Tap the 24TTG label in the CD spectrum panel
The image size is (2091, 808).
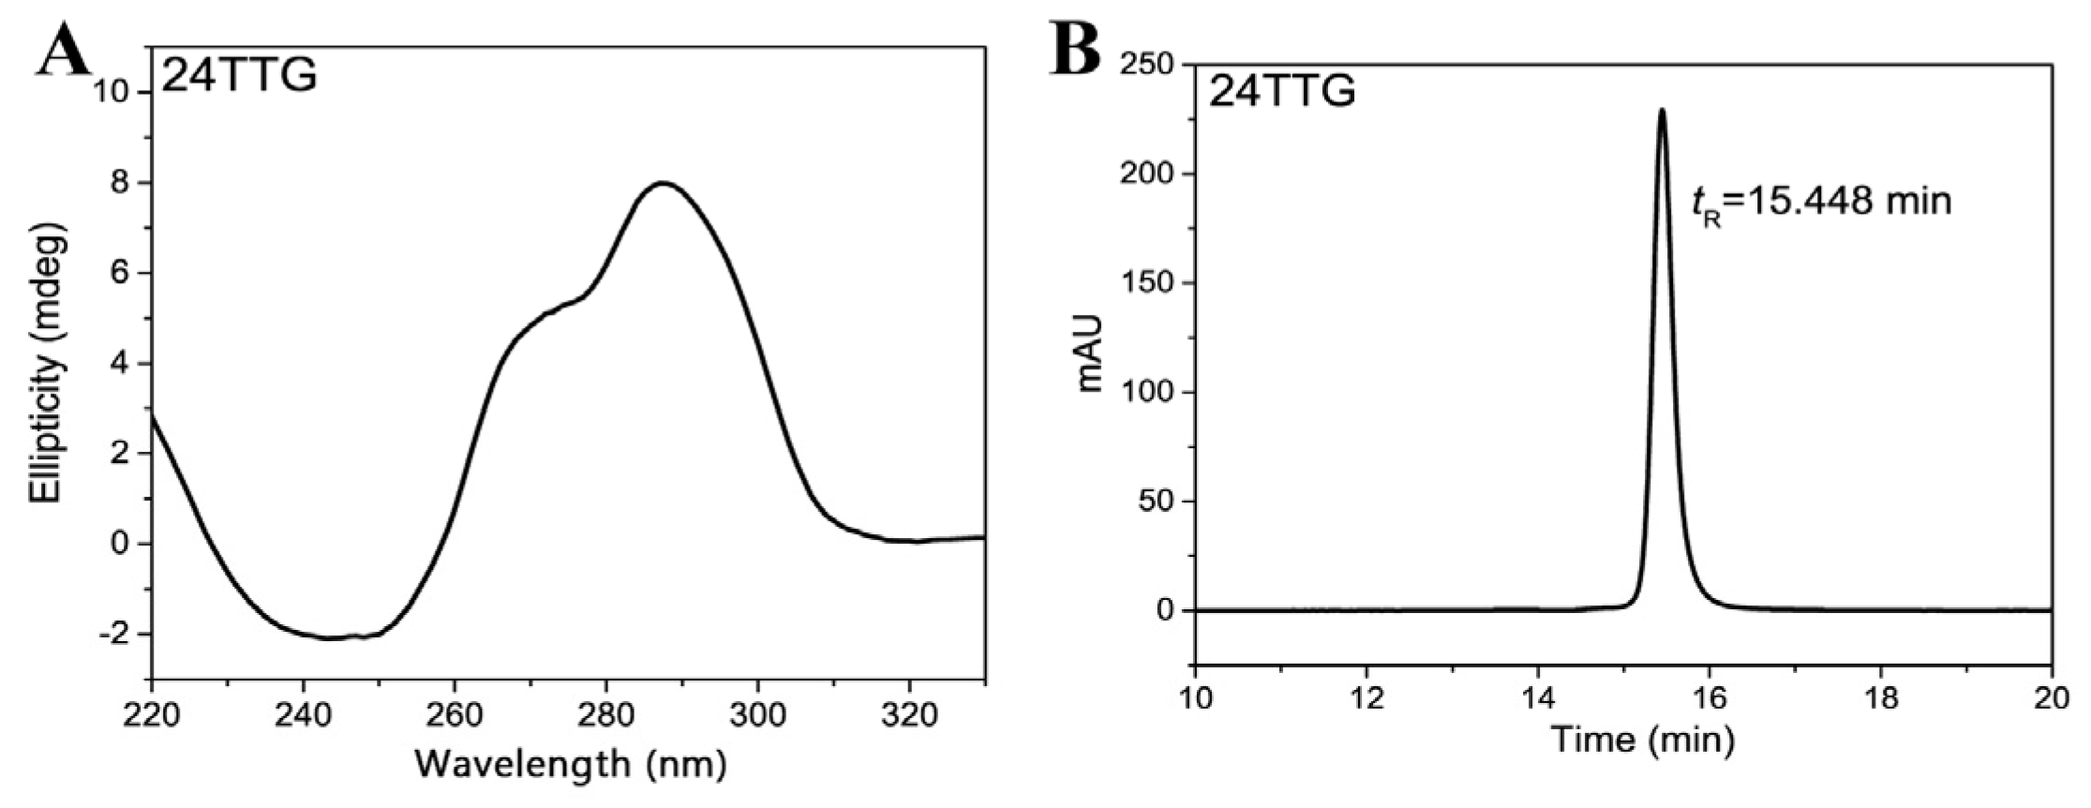click(240, 75)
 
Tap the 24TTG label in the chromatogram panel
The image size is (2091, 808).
click(1281, 92)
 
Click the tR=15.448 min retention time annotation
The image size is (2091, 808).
click(1821, 202)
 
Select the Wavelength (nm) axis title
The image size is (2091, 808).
click(570, 764)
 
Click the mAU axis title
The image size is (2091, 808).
click(1090, 353)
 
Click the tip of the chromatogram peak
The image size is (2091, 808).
click(1662, 110)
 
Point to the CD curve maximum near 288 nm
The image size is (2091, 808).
click(663, 183)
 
